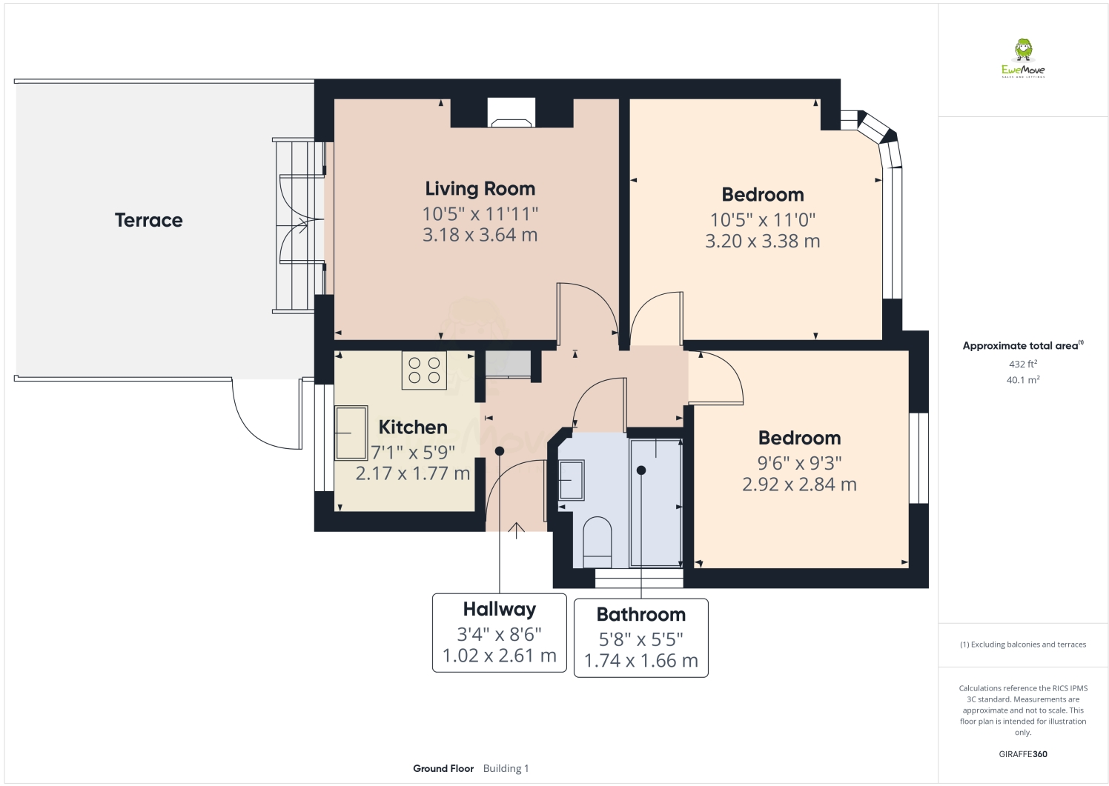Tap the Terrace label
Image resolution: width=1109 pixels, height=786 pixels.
[148, 220]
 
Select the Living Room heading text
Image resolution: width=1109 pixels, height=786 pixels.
[480, 189]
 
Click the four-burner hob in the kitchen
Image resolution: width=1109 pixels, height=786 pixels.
[424, 370]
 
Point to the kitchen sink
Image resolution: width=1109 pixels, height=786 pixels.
[351, 433]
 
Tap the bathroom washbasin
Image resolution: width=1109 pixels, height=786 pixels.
[571, 480]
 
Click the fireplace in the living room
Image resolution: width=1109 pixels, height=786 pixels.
[511, 113]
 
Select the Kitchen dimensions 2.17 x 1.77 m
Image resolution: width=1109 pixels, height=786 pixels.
[413, 473]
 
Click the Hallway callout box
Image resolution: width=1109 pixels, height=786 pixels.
[499, 633]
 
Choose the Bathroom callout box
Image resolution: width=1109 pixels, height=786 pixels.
[640, 638]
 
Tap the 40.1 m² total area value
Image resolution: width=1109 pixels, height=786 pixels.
[1022, 380]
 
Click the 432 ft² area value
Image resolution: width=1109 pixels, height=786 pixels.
[1022, 364]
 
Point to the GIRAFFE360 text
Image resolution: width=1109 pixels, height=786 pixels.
[1023, 754]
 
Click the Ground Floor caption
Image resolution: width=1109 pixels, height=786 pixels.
[443, 768]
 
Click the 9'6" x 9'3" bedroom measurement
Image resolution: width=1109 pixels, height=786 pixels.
[799, 463]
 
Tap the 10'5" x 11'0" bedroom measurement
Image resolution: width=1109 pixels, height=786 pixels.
[762, 220]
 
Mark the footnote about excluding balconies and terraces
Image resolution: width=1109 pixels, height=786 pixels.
[1022, 645]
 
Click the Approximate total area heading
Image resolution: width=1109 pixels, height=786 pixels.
[1022, 346]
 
